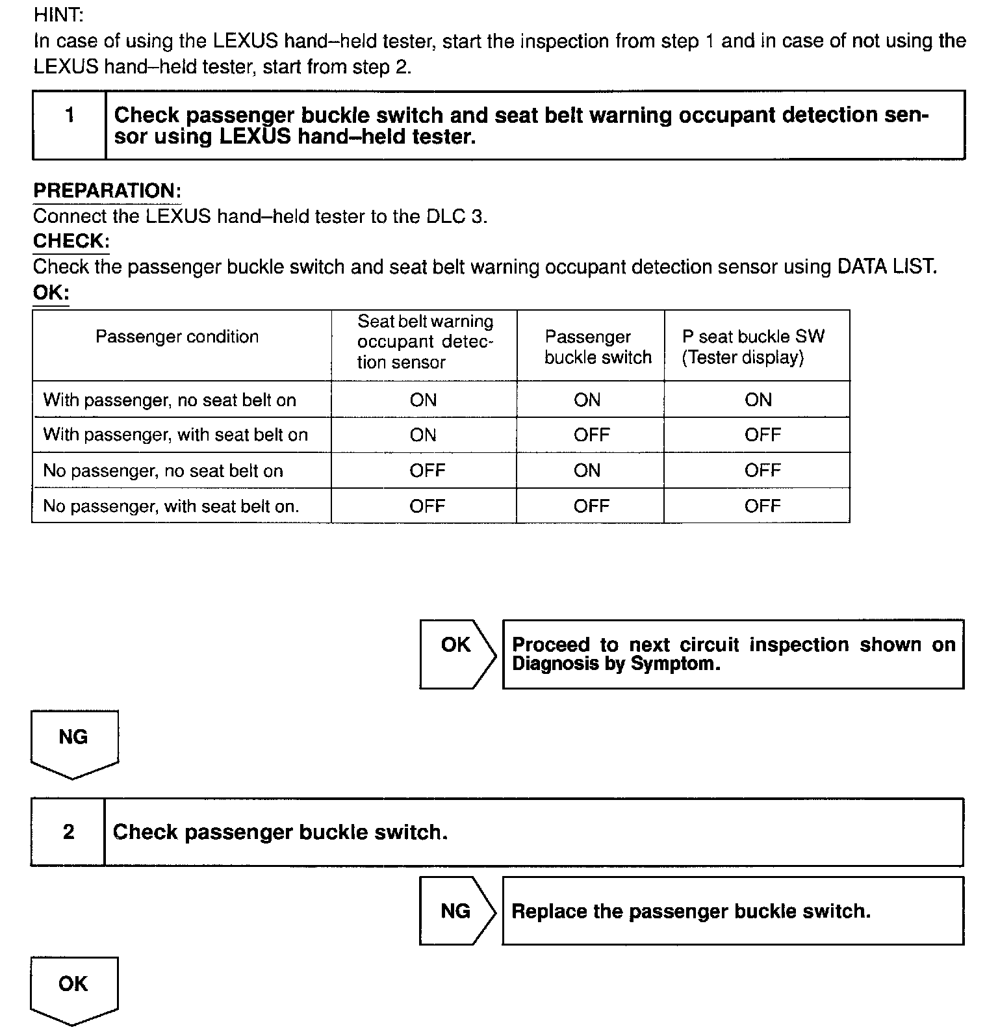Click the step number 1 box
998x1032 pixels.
(70, 125)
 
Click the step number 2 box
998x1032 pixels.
(68, 832)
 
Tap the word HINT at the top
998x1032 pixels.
(58, 15)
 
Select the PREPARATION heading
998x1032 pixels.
(107, 191)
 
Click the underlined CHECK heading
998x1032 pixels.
(71, 241)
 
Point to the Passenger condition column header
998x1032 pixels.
(177, 337)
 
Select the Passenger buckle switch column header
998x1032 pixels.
(598, 347)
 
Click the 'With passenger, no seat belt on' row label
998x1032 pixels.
(170, 400)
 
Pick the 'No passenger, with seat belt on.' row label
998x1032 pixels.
(171, 506)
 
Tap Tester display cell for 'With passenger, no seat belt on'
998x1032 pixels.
(758, 400)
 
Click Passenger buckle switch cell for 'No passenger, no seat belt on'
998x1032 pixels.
(587, 471)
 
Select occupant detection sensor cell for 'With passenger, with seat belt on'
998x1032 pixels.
(423, 435)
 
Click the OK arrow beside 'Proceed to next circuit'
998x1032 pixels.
(457, 654)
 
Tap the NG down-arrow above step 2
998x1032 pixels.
(74, 743)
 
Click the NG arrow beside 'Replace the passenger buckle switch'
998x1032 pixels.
(457, 910)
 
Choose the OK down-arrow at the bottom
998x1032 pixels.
(74, 990)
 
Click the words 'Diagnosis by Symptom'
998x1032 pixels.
(616, 664)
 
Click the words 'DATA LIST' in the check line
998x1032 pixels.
(886, 266)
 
